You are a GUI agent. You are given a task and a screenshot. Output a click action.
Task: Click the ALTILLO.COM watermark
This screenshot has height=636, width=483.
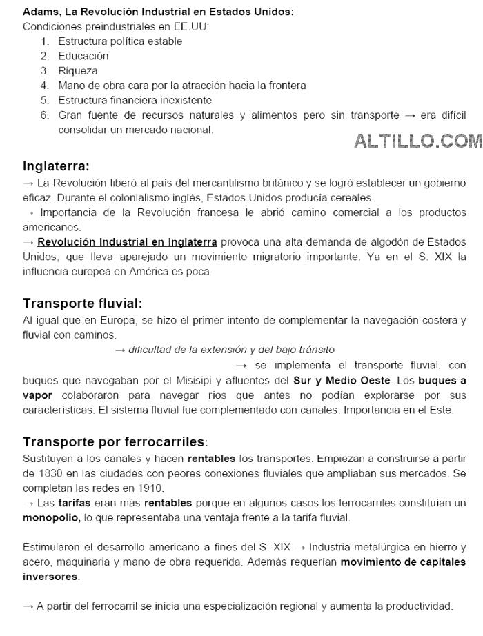coord(417,141)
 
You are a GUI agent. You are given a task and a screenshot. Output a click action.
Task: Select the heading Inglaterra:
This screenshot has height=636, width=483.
coord(56,166)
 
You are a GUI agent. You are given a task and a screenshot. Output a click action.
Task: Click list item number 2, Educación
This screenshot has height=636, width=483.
coord(83,56)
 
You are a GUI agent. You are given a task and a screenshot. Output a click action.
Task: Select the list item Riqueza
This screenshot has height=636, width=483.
coord(78,70)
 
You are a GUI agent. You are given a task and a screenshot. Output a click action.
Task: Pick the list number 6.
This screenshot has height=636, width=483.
coord(44,115)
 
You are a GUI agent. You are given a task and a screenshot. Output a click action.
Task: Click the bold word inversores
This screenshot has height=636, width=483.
coord(50,576)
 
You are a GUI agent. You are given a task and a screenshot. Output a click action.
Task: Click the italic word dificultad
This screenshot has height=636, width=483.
coord(152,350)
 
